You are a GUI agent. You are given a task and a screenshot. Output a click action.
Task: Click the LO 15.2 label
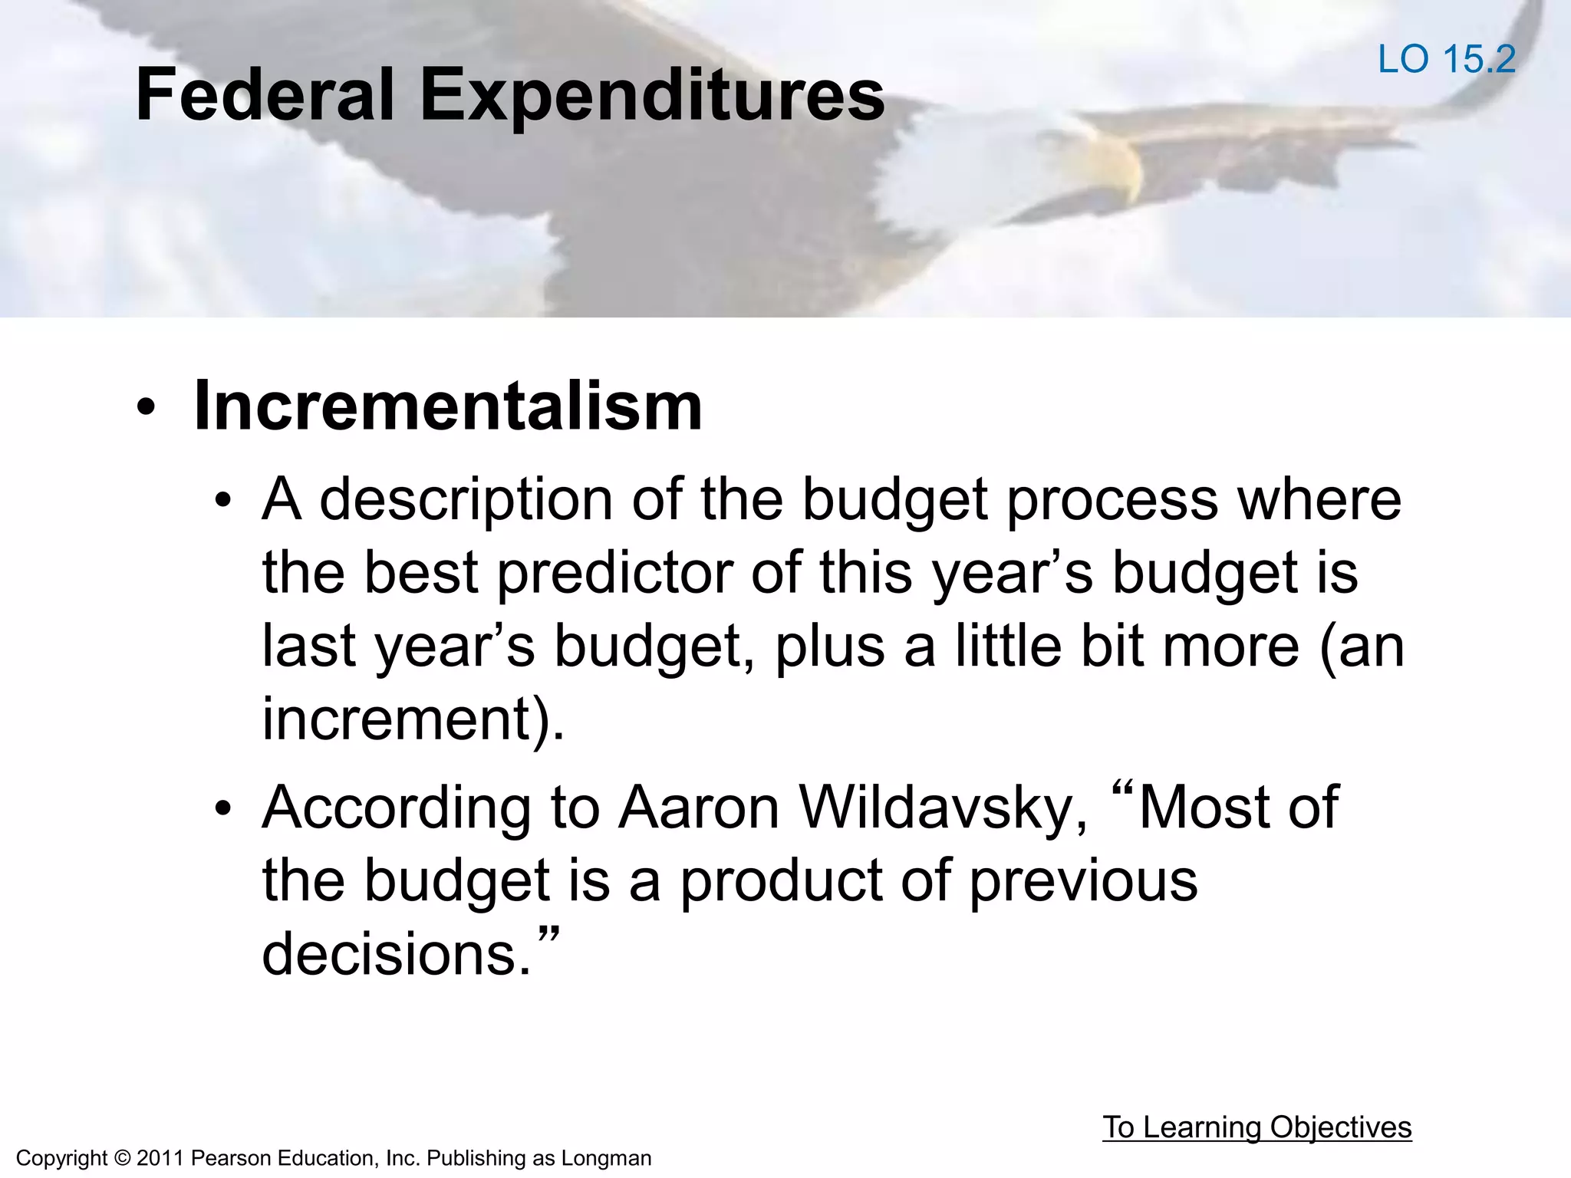(1446, 59)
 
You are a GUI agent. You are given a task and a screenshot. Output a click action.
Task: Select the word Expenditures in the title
(652, 96)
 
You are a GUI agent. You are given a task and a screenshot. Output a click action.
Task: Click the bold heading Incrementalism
(448, 406)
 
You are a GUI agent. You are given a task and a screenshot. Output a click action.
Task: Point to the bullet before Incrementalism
(146, 410)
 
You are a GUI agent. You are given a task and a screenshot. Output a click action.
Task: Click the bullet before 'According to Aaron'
(223, 809)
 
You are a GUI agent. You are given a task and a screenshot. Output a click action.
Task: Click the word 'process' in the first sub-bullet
(1112, 500)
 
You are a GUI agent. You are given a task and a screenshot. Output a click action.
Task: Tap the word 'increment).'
(413, 719)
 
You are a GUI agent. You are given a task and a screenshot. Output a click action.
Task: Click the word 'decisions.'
(397, 954)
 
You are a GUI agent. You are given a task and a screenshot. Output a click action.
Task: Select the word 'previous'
(1082, 880)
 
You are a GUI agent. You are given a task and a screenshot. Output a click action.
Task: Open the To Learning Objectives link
(1256, 1127)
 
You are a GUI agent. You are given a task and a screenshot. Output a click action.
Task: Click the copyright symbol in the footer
(122, 1158)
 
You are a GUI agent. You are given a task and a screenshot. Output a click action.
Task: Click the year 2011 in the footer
(160, 1158)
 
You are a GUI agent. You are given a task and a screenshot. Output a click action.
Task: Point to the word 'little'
(1008, 647)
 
